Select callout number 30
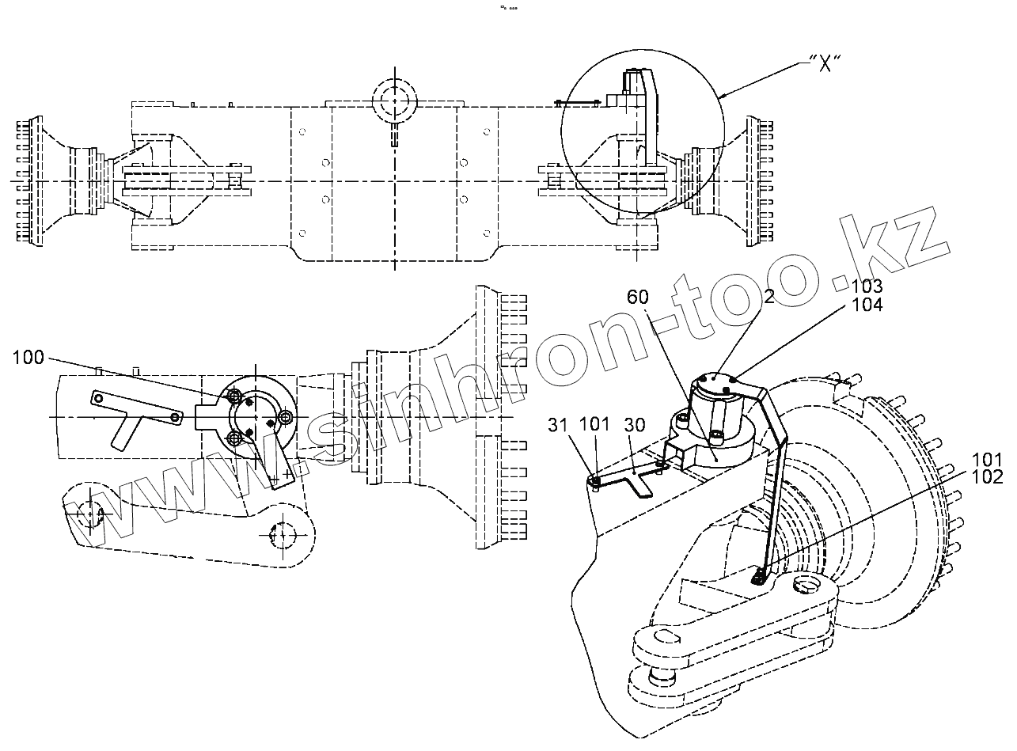(x=635, y=425)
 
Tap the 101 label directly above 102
(x=989, y=459)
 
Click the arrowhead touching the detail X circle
(x=722, y=97)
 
